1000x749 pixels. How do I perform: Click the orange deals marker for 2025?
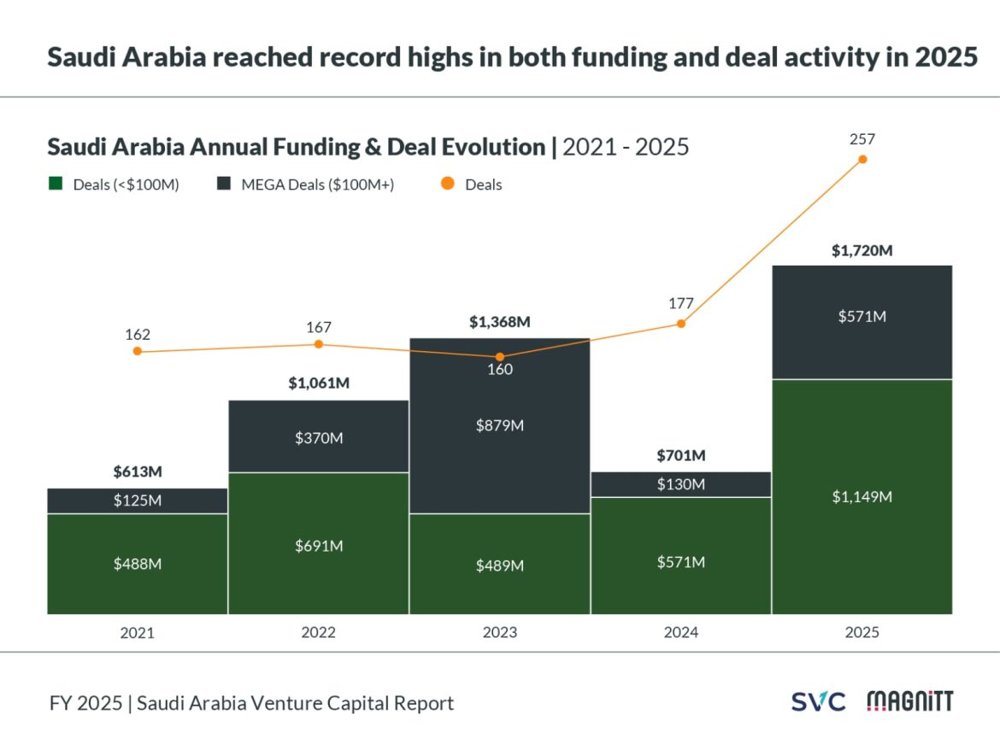tap(862, 160)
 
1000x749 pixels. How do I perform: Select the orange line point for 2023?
tap(500, 357)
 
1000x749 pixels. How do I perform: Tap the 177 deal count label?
tap(681, 303)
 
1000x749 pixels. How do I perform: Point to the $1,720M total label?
tap(862, 251)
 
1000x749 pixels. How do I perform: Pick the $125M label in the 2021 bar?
tap(138, 500)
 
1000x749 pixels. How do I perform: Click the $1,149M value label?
tap(862, 497)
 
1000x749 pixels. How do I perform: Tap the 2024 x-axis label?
tap(681, 633)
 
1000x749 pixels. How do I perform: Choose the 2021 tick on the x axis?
tap(138, 633)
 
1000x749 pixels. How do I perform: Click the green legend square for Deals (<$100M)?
tap(56, 184)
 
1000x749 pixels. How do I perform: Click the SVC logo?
tap(817, 703)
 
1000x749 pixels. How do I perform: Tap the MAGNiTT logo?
tap(909, 702)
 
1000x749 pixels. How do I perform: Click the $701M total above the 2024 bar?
tap(681, 455)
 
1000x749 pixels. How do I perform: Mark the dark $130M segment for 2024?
tap(681, 484)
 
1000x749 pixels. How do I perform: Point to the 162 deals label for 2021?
tap(138, 333)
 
